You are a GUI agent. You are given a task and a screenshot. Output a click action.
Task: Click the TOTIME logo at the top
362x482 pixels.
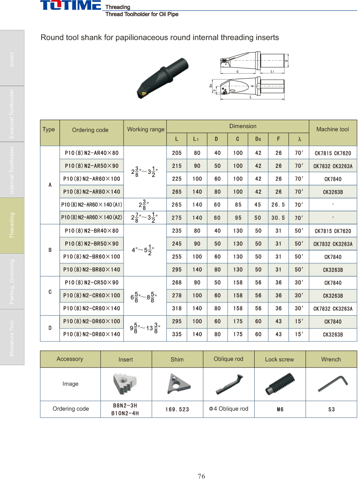70,5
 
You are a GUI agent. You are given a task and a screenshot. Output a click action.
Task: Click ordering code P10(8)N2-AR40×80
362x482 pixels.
92,153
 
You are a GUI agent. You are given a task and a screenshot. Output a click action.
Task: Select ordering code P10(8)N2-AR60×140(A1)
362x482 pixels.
92,205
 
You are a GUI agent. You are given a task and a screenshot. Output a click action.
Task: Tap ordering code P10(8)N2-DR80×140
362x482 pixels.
92,334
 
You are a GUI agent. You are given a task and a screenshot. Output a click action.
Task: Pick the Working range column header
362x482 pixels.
146,129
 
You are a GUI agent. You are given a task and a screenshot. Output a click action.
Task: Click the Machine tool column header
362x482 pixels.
332,129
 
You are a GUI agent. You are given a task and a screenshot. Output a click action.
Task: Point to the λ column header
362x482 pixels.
299,139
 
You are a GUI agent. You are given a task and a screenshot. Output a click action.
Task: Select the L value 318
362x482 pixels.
177,308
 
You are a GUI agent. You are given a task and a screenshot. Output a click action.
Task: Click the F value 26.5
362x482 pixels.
278,205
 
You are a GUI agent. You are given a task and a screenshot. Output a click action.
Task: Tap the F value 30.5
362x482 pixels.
278,218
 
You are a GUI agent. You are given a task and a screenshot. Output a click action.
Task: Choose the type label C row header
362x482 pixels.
50,292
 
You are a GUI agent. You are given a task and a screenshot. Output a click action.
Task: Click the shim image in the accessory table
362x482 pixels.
177,384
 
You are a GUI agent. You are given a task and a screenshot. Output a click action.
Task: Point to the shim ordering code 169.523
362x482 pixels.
177,409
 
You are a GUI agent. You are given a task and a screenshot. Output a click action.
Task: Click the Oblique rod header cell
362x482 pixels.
228,359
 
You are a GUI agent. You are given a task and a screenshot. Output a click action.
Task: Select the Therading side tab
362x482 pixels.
12,225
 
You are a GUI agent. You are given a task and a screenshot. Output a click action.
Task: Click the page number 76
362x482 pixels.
201,476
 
